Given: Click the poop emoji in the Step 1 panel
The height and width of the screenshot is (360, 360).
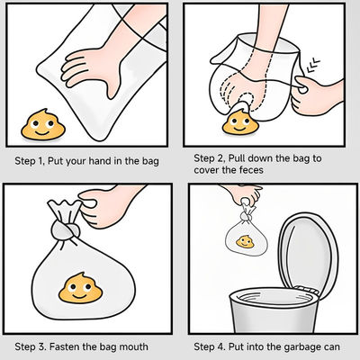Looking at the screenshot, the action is tap(43, 124).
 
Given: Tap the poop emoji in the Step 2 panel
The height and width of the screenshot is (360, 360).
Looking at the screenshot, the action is tap(240, 122).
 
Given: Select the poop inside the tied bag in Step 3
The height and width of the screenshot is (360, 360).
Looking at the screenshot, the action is tap(80, 288).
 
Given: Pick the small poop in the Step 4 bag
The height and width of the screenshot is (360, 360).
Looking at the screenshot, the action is tap(245, 241).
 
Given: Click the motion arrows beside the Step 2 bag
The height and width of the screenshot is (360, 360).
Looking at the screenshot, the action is tap(313, 66).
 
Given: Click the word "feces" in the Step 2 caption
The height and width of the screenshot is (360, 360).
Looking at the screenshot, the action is tap(251, 170).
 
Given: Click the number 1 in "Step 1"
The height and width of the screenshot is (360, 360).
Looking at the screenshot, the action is tap(40, 161).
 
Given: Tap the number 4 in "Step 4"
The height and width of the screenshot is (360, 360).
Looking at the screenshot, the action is tap(221, 347).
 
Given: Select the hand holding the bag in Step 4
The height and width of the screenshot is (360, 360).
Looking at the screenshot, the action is tap(244, 194).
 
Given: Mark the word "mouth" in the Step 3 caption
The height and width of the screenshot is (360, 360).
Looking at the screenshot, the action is tap(134, 347).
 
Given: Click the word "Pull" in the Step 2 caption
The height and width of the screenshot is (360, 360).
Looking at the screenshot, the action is tap(237, 157).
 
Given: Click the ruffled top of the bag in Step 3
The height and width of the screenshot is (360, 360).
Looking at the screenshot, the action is tap(65, 210).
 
